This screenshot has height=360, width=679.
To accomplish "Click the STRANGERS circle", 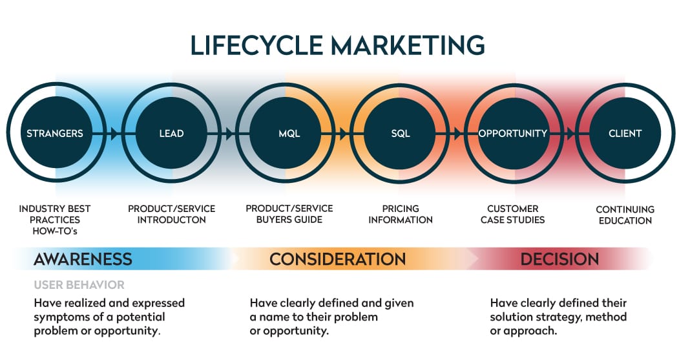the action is point(56,132).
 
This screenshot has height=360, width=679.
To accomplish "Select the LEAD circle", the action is point(171,132).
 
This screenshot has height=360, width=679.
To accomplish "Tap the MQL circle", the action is point(286,132).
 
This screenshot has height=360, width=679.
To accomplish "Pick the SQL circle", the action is point(400,132).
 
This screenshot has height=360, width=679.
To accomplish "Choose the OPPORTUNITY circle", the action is point(514,132).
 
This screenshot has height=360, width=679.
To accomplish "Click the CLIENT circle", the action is point(625,132).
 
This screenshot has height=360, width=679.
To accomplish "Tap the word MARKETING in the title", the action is point(408,45).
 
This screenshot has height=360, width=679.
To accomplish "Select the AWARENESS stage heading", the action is point(83,259).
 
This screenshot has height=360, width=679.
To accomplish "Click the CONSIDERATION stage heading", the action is point(338,259).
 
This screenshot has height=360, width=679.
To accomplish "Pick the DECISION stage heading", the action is point(559,259).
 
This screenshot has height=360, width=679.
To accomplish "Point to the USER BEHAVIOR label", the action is point(79,284).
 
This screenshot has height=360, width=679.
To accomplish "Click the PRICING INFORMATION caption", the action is point(401,215).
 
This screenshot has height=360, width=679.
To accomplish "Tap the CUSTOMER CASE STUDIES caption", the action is point(513,215).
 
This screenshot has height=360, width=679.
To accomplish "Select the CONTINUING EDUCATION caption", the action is point(625,215).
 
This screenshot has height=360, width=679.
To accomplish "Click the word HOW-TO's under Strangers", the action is point(55,231).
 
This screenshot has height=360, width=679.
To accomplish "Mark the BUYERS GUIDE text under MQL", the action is point(289,220).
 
